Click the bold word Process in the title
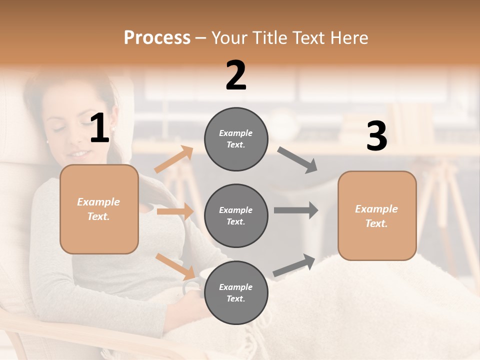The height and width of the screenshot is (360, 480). tap(157, 38)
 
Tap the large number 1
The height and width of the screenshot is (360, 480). tap(99, 128)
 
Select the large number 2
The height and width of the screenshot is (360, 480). tap(236, 76)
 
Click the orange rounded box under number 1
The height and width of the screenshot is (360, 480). tap(99, 209)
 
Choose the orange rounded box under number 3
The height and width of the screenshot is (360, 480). tap(377, 216)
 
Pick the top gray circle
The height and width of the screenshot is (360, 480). tap(236, 139)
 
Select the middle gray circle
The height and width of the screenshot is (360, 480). tap(236, 216)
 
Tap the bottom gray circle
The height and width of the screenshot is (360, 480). tap(236, 293)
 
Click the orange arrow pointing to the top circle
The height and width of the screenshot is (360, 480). tap(174, 159)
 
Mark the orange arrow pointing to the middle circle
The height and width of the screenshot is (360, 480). tap(175, 211)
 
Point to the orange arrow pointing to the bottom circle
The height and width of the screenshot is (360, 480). tap(175, 266)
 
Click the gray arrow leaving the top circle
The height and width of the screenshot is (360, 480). tap(297, 160)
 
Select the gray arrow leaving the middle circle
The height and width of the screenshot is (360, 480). tap(296, 210)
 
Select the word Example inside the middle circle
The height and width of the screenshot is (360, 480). tap(236, 210)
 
